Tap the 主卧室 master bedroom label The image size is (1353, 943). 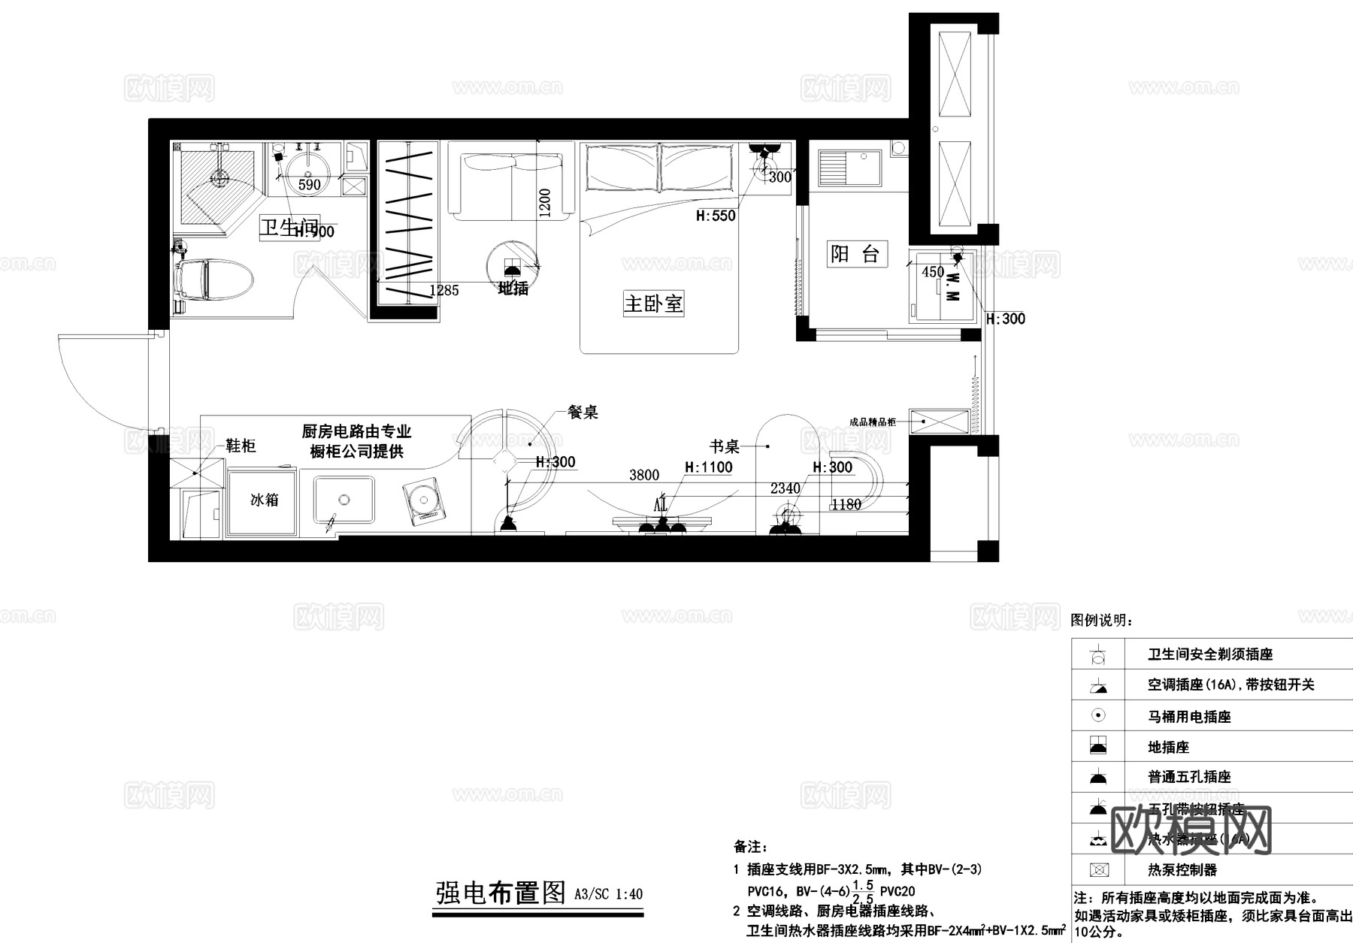pos(653,304)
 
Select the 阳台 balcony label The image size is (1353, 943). pos(854,254)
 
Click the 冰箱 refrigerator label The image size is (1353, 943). pos(264,500)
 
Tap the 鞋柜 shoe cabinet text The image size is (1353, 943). pos(241,446)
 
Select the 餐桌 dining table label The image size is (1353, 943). pos(583,412)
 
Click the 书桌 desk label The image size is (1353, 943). pos(725,447)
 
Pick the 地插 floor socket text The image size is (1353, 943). pos(513,289)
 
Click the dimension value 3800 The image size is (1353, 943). pos(644,475)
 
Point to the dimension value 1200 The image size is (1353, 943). pos(546,203)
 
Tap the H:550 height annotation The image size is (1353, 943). pos(716,216)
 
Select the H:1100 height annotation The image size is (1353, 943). pos(708,467)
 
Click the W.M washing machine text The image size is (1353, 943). pos(952,286)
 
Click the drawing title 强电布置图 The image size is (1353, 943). pos(501,893)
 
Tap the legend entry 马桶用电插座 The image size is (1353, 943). pos(1189,717)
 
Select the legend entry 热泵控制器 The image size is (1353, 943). pos(1182,870)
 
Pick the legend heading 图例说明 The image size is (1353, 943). pos(1102,621)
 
